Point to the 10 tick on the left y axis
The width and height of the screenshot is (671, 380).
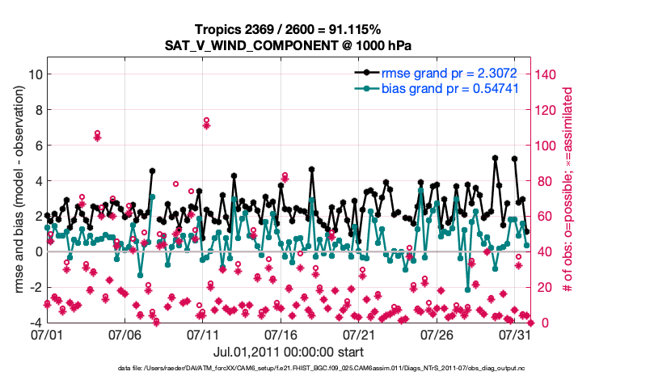tap(35, 74)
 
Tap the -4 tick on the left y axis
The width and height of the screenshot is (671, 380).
tap(33, 323)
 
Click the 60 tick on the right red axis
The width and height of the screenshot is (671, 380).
tap(544, 217)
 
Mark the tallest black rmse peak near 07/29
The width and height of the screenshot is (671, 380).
tap(495, 158)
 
